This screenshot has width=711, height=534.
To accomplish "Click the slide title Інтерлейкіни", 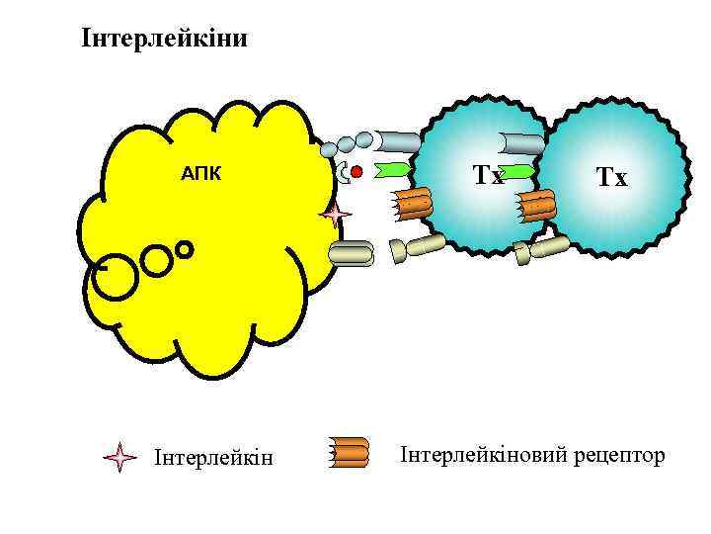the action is (164, 40).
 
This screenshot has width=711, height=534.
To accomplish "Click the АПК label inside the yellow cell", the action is (201, 175).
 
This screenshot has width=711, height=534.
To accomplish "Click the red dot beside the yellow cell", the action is (357, 172).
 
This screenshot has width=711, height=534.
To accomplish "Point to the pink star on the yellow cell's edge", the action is (336, 214).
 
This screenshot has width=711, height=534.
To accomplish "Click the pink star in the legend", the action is (119, 457).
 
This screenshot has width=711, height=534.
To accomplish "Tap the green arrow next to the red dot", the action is (392, 172).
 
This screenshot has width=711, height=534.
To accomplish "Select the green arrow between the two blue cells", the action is (517, 173).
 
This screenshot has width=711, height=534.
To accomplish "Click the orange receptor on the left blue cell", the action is (414, 203).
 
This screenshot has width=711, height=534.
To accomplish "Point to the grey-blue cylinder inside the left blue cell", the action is (521, 144).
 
